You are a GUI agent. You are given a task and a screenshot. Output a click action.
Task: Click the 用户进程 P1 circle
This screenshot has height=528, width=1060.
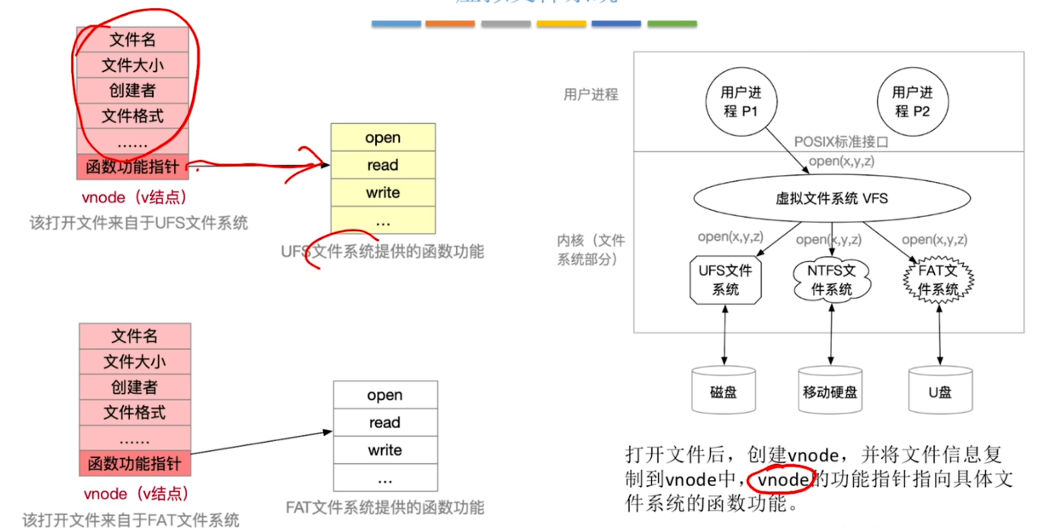[741, 102]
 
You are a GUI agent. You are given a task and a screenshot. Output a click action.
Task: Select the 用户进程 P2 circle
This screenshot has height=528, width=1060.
[912, 102]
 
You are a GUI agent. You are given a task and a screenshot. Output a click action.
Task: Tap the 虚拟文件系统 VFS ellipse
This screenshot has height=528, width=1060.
[832, 198]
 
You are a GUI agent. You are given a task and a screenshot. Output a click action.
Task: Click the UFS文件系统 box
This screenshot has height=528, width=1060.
[725, 279]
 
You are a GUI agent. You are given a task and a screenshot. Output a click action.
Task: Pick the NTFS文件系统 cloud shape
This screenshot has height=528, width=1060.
[831, 279]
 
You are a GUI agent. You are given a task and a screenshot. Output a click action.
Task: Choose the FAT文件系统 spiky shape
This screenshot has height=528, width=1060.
[938, 279]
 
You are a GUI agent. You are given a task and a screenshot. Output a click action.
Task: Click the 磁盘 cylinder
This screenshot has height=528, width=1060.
[723, 391]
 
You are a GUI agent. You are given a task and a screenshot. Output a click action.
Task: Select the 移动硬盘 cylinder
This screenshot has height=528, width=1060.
[830, 391]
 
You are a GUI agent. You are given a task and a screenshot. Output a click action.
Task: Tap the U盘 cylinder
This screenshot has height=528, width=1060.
[940, 391]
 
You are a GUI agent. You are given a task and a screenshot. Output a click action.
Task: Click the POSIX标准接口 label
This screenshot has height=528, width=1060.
[841, 142]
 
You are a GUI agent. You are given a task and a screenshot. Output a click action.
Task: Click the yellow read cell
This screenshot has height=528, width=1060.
[383, 165]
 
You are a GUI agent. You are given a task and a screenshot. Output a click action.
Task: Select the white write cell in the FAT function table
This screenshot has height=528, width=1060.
[385, 450]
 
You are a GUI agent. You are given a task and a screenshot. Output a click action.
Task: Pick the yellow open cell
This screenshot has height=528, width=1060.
[383, 138]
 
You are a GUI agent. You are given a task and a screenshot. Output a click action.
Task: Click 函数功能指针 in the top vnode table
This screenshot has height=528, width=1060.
[132, 167]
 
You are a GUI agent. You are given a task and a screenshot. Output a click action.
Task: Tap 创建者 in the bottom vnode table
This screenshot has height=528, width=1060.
[135, 387]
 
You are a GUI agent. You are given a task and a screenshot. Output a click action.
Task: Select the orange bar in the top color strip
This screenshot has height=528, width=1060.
[449, 24]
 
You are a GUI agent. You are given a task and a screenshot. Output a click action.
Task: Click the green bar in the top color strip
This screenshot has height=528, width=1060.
[671, 24]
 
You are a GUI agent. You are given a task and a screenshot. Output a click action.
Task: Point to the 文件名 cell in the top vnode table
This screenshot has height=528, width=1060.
[132, 40]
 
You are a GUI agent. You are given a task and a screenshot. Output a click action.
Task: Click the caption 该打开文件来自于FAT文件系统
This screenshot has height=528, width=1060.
[131, 520]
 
